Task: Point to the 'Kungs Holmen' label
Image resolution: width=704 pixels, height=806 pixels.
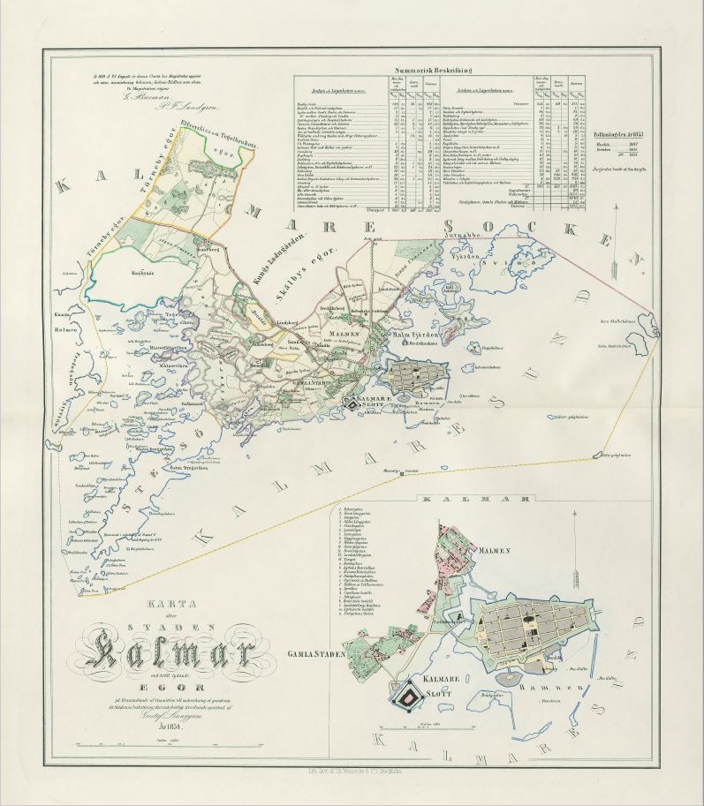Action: [x=61, y=317]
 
